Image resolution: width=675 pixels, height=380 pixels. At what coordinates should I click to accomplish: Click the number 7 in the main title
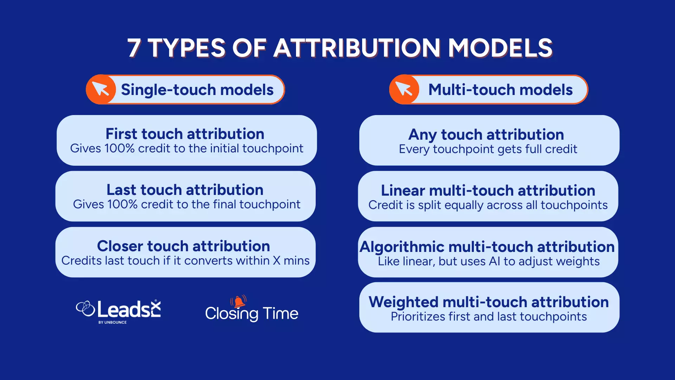click(x=134, y=48)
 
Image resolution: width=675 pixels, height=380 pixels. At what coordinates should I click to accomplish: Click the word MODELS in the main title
click(x=500, y=48)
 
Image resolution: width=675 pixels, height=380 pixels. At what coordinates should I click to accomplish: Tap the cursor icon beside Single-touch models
click(x=101, y=89)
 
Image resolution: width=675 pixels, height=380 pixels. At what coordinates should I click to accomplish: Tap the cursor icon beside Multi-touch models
click(x=404, y=89)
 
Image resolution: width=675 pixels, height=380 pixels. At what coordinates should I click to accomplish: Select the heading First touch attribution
click(x=185, y=134)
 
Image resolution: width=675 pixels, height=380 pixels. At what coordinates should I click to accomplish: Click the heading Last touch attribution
click(x=185, y=190)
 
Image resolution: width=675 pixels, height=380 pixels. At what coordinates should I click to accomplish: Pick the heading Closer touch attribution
click(x=184, y=246)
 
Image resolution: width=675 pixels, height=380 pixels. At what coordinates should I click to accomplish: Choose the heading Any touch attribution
click(x=486, y=134)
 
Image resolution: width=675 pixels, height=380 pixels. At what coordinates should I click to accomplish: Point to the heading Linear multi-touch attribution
click(x=488, y=190)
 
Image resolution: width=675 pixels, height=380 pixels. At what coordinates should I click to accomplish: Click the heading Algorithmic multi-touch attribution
click(x=487, y=246)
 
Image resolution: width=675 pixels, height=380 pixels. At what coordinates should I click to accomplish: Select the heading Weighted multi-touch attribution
click(x=489, y=302)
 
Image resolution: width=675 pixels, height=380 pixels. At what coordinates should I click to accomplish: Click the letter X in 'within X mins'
click(x=277, y=261)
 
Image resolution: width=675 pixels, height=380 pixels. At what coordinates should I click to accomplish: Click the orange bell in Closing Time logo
click(x=239, y=302)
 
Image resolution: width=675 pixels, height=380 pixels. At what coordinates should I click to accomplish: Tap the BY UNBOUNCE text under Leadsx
click(x=112, y=322)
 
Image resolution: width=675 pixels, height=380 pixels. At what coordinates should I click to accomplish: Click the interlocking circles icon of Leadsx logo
click(x=85, y=309)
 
